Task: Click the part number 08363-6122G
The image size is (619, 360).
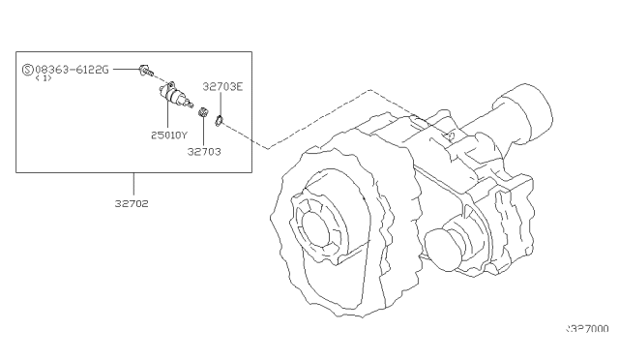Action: (x=72, y=70)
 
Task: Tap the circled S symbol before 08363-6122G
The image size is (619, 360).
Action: (x=27, y=70)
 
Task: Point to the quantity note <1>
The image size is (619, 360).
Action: (x=44, y=80)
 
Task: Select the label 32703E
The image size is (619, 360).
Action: (x=222, y=85)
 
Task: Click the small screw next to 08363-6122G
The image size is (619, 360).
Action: (x=144, y=70)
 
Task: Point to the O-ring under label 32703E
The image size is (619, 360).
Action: (x=221, y=121)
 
